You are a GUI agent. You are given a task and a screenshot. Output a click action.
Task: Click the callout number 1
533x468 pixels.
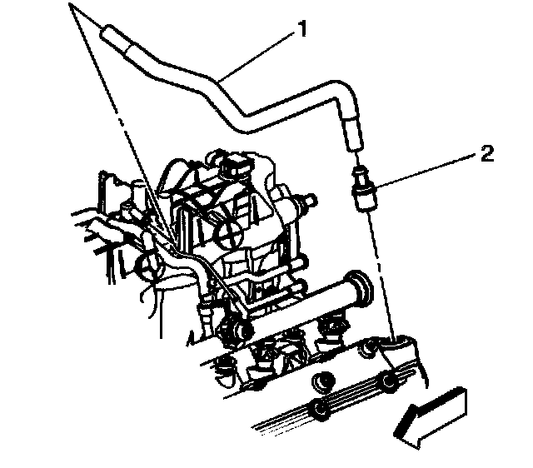pyautogui.click(x=302, y=31)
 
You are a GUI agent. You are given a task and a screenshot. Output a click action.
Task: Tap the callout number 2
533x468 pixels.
pyautogui.click(x=487, y=154)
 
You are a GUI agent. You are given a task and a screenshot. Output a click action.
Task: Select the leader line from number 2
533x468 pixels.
pyautogui.click(x=425, y=172)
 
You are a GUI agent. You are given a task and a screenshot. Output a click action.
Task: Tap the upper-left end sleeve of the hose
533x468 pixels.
pyautogui.click(x=117, y=38)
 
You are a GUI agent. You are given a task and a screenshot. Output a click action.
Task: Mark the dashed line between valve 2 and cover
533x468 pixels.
pyautogui.click(x=380, y=266)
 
